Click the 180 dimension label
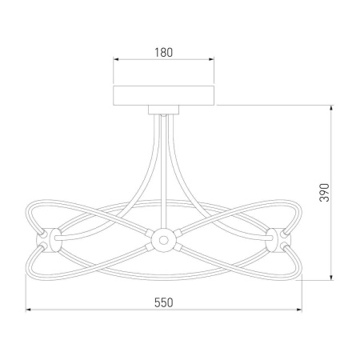[164, 52]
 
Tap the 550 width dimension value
[164, 302]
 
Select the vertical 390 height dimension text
[325, 193]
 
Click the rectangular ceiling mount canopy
[164, 95]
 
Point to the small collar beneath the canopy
[164, 110]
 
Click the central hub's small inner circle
[163, 240]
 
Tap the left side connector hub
[49, 240]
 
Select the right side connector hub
[278, 240]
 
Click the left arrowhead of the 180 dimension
[116, 59]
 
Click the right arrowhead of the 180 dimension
[211, 59]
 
